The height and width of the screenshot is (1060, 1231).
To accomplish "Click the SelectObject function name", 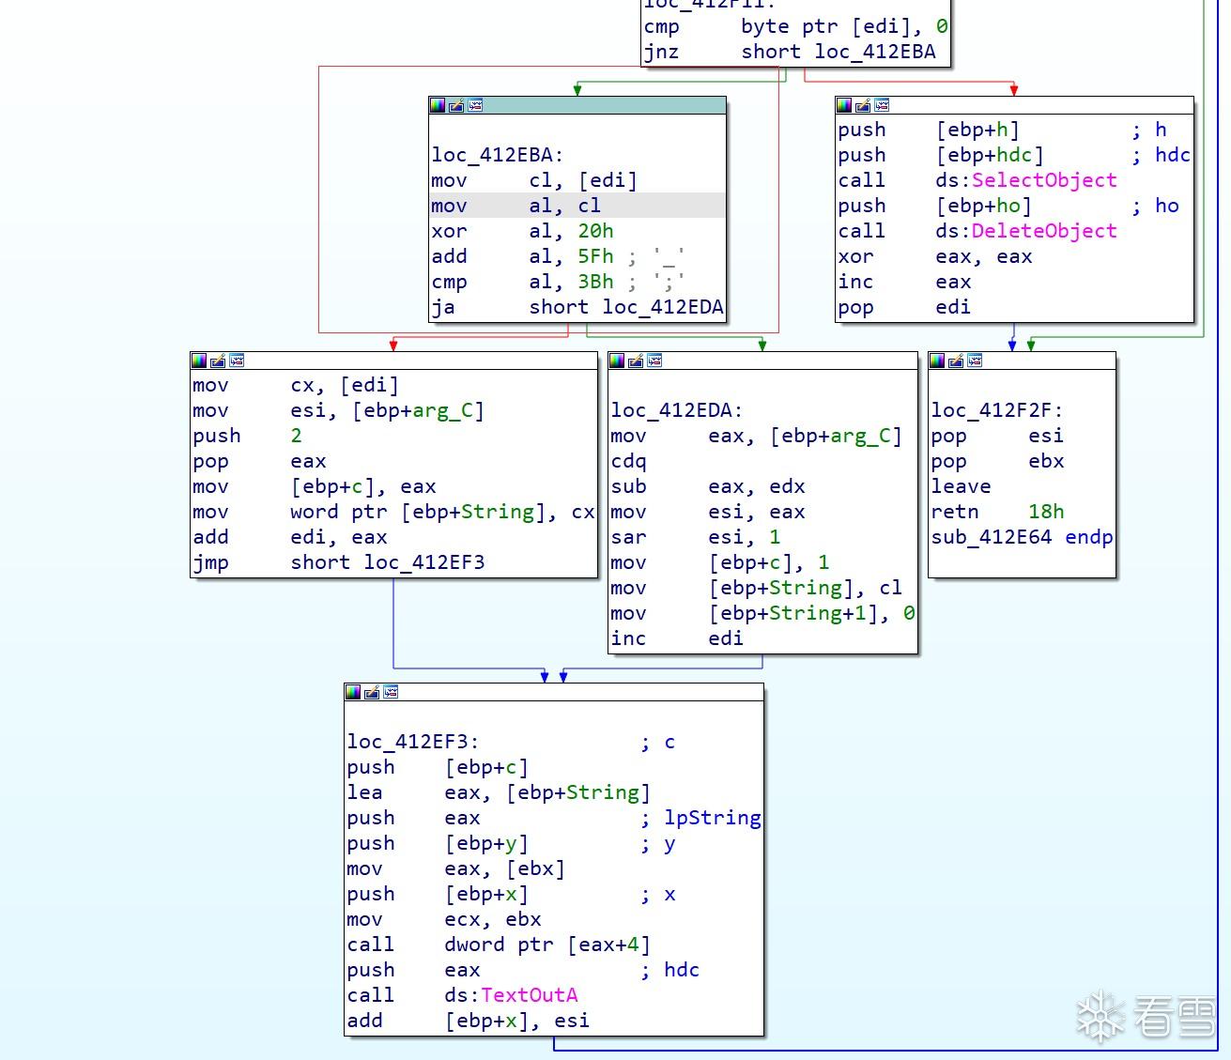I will click(1044, 180).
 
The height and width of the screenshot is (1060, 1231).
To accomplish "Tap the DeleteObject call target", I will click(1044, 231).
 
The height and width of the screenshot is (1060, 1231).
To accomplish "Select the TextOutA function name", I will click(530, 995).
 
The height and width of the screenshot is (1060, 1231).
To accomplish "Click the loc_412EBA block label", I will click(497, 155).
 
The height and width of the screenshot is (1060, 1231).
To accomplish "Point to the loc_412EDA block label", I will click(676, 410).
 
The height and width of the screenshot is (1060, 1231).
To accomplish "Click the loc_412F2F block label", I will click(996, 410).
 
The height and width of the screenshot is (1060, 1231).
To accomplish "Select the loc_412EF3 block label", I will click(412, 742).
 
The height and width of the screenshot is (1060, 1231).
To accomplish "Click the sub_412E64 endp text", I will click(1022, 537).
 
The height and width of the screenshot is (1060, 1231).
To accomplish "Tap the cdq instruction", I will click(628, 461).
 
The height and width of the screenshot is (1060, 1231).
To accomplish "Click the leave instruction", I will click(961, 486).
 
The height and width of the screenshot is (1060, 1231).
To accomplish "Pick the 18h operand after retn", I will click(1046, 512).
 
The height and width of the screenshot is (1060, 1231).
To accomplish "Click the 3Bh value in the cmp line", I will click(595, 282).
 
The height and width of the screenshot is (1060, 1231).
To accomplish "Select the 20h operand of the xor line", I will click(595, 231).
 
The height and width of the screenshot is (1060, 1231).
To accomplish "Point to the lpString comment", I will click(712, 818).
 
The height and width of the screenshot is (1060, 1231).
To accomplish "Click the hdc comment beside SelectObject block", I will click(1172, 155).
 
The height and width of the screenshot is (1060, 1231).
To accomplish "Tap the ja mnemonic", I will click(442, 307).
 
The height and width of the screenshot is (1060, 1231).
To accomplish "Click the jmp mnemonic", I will click(210, 562).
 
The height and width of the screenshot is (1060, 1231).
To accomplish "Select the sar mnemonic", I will click(628, 537).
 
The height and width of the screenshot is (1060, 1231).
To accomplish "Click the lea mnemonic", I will click(364, 792).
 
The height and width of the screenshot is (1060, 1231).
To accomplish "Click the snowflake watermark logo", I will click(1100, 1017).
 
